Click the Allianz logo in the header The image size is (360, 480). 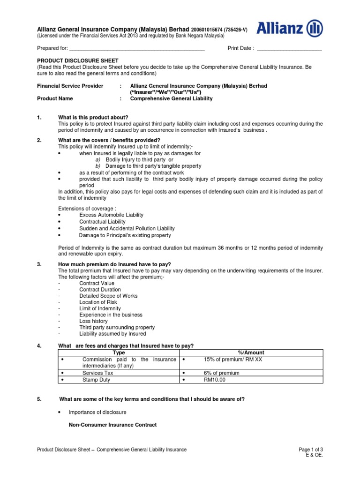point(290,30)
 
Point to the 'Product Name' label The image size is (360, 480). point(55,99)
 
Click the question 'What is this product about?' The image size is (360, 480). point(93,117)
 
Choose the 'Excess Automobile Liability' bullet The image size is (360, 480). point(111,215)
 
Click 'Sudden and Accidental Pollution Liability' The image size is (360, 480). point(127,228)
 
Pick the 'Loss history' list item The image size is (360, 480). point(93,321)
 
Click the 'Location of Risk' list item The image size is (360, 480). point(98,302)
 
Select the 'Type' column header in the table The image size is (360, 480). point(119,352)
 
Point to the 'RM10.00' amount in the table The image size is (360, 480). point(214,380)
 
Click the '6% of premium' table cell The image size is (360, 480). point(221,373)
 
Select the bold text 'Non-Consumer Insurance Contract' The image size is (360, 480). point(112,425)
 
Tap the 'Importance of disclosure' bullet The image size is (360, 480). point(97,412)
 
